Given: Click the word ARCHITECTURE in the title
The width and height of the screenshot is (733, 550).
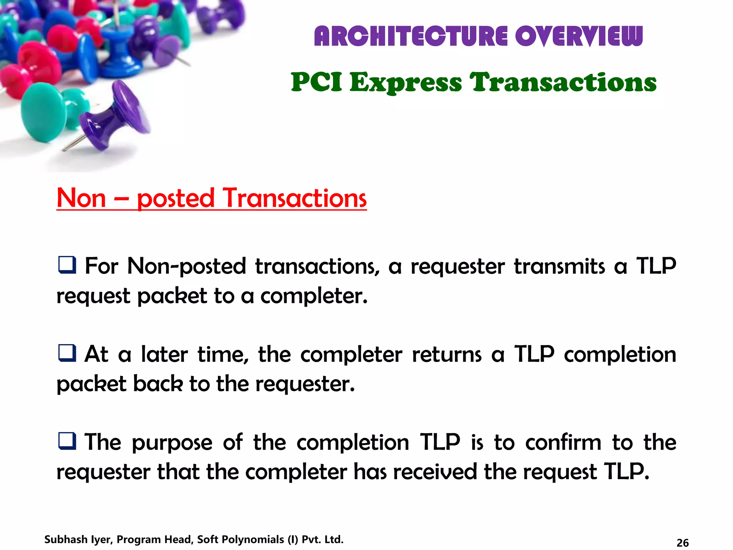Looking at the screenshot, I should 411,37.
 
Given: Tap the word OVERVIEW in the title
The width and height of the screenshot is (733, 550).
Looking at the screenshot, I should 579,37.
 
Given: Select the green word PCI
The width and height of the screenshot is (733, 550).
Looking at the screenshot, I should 316,82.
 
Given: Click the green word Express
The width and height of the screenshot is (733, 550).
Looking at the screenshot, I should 406,83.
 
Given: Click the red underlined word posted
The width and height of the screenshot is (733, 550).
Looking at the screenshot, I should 175,199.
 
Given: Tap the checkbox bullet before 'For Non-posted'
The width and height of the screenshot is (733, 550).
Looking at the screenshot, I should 67,265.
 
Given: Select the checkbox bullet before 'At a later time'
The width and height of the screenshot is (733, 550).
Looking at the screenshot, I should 67,353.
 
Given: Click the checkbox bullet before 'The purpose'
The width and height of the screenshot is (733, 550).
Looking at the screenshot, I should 67,441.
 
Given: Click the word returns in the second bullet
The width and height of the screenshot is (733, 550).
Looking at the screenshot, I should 447,355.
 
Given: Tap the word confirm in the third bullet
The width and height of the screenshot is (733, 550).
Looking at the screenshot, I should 563,443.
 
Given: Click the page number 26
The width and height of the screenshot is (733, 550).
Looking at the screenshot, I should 683,543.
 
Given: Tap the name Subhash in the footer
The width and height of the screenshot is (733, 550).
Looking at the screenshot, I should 66,539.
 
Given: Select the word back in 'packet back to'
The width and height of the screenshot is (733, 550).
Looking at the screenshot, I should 158,384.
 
